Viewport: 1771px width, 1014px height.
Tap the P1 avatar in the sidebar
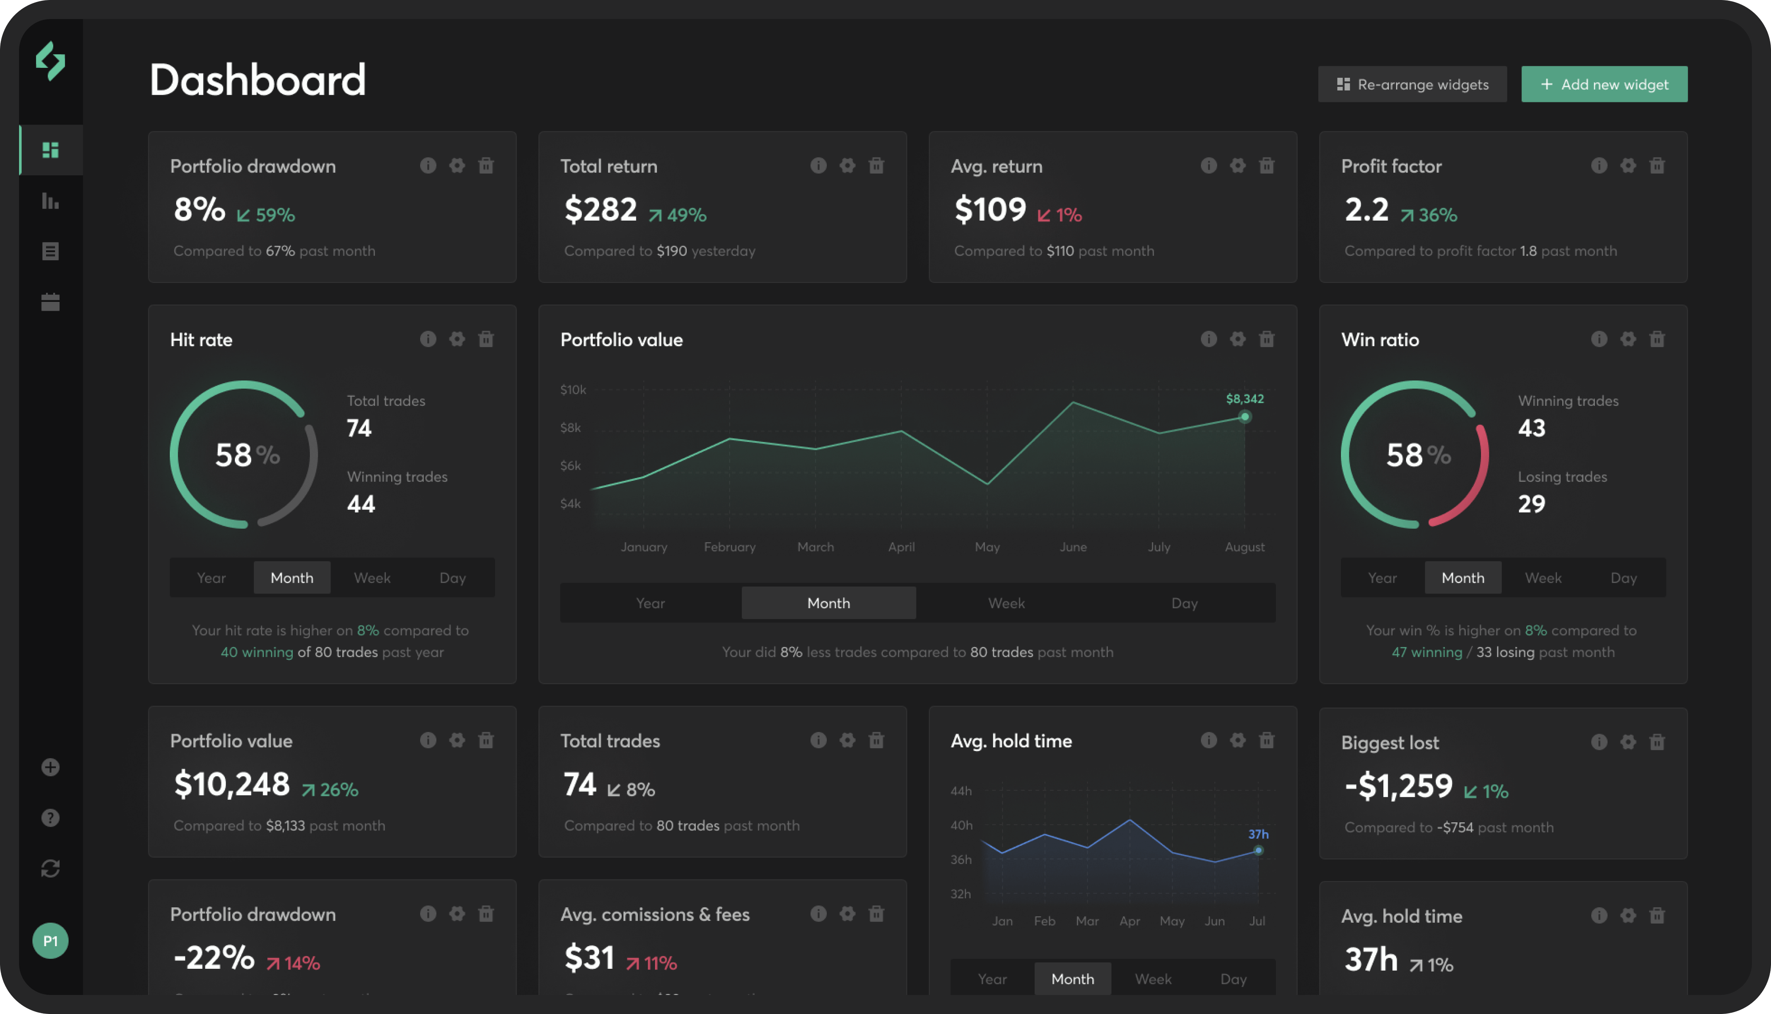click(50, 941)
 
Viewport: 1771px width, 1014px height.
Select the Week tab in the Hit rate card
click(372, 578)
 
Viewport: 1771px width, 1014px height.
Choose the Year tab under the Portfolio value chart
click(651, 603)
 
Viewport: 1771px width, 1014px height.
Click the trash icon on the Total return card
click(876, 166)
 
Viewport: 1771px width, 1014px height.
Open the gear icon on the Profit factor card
click(1627, 166)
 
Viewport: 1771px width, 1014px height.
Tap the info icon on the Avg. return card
click(1208, 166)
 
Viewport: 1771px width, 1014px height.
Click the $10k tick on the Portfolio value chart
click(573, 390)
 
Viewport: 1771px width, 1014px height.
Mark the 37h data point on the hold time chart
click(1258, 850)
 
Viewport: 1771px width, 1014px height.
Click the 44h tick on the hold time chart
click(961, 791)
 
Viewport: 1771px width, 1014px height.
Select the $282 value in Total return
click(600, 209)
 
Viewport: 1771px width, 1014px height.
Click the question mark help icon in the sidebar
click(50, 818)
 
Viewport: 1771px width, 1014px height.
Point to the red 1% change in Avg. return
click(1060, 215)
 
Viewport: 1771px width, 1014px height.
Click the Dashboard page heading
click(258, 80)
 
